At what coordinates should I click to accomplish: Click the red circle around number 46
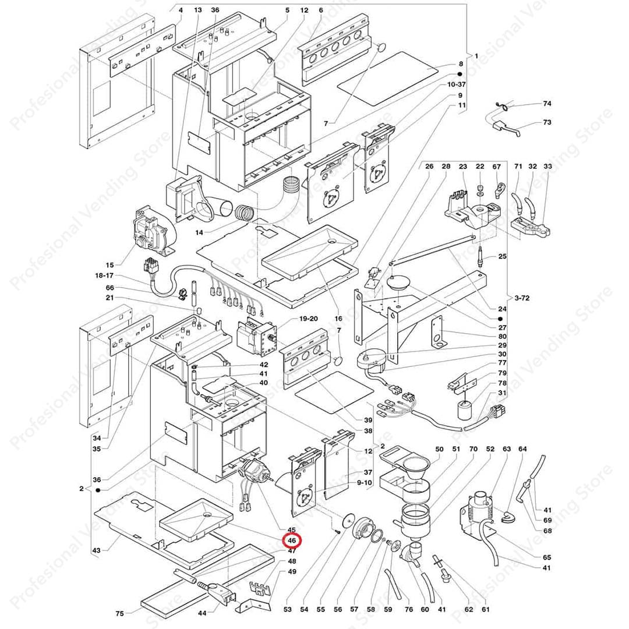point(292,540)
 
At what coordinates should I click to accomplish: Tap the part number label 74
point(547,104)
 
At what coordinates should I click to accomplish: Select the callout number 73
point(547,122)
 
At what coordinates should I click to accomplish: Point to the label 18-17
point(105,275)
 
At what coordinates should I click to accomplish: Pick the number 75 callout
point(119,613)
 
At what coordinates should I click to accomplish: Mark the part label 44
point(203,613)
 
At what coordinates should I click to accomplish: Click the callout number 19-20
point(308,319)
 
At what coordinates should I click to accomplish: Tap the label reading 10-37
point(457,85)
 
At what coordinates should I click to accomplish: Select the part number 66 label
point(110,288)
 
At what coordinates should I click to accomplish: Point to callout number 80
point(502,336)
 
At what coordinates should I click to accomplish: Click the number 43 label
point(96,550)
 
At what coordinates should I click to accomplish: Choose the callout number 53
point(287,609)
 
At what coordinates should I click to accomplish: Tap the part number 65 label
point(546,557)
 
